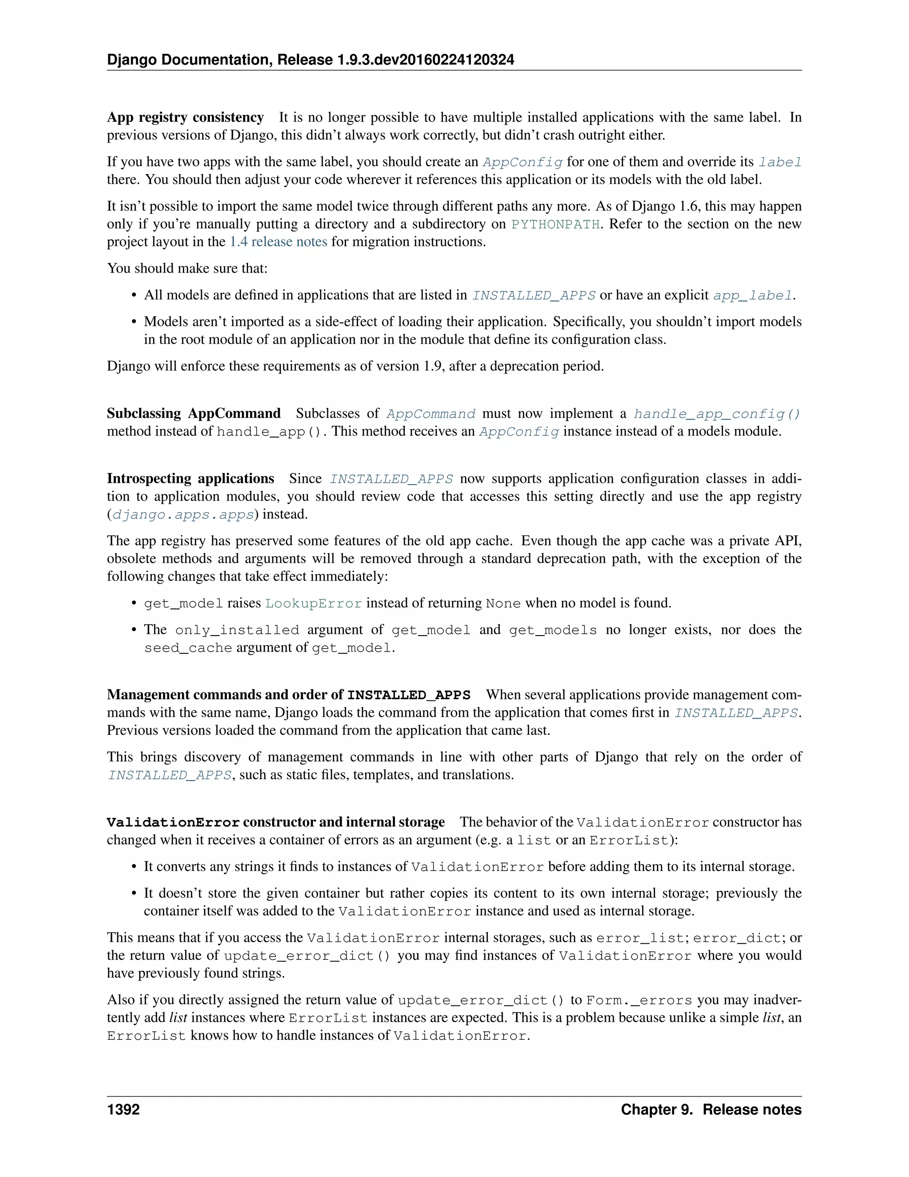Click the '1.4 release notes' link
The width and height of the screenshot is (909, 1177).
[278, 242]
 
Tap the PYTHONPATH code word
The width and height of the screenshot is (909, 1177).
[555, 224]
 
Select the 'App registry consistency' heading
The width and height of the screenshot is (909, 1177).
[185, 117]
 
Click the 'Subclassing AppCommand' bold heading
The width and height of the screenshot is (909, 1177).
[194, 414]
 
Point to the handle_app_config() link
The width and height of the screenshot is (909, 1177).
[717, 414]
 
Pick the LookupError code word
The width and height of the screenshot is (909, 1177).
[313, 604]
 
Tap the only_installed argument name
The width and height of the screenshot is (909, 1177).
[237, 630]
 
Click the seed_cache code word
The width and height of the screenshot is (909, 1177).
[188, 648]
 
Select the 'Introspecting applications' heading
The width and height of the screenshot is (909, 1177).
[190, 478]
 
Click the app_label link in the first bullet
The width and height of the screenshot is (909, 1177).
[753, 295]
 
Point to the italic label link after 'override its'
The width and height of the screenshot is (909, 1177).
[780, 162]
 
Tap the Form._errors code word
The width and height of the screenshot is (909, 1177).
[639, 1001]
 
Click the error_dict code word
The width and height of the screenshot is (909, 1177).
[737, 938]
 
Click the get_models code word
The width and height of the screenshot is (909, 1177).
[553, 630]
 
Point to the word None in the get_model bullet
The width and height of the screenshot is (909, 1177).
[503, 604]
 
